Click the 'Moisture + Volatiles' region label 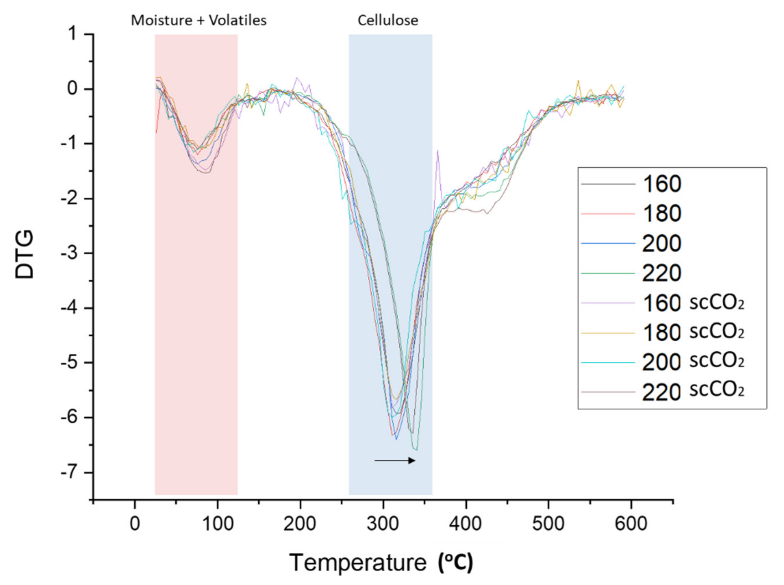point(199,21)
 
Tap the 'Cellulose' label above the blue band point(388,21)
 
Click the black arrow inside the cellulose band point(395,460)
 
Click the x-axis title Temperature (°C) point(381,562)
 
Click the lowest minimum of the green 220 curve point(416,450)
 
